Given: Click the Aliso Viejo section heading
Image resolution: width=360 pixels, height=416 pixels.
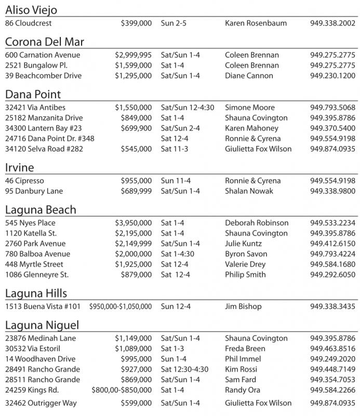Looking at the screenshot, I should pyautogui.click(x=31, y=10).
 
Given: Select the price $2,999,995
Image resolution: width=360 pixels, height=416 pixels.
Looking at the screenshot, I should pyautogui.click(x=134, y=55).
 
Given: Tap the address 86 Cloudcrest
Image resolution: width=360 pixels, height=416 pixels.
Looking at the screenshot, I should pyautogui.click(x=29, y=23).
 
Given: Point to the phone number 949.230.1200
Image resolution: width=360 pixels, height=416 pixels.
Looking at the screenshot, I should pyautogui.click(x=333, y=76).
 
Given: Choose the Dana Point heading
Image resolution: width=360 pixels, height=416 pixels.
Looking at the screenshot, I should pyautogui.click(x=33, y=94).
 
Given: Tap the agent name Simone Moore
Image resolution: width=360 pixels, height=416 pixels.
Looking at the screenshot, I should pyautogui.click(x=250, y=108).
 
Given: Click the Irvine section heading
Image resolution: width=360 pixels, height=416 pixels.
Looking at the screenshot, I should pyautogui.click(x=20, y=167).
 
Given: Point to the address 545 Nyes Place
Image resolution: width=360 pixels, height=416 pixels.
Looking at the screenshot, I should pyautogui.click(x=30, y=223).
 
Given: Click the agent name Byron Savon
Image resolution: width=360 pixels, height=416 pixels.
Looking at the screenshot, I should pyautogui.click(x=246, y=254).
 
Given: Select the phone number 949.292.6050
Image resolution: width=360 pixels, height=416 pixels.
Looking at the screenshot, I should pyautogui.click(x=333, y=275).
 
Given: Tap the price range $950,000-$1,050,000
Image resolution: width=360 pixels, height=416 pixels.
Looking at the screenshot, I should pyautogui.click(x=121, y=307).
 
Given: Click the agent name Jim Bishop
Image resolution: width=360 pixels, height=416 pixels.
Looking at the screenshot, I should pyautogui.click(x=243, y=307).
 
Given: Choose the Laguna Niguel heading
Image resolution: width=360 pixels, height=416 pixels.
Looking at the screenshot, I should pyautogui.click(x=42, y=326).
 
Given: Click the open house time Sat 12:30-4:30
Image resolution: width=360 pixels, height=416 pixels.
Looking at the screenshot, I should pyautogui.click(x=184, y=370).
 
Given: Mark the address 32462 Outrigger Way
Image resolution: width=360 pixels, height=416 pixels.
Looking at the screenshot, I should pyautogui.click(x=41, y=403).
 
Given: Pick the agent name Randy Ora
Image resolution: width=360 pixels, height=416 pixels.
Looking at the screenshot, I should pyautogui.click(x=242, y=391).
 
